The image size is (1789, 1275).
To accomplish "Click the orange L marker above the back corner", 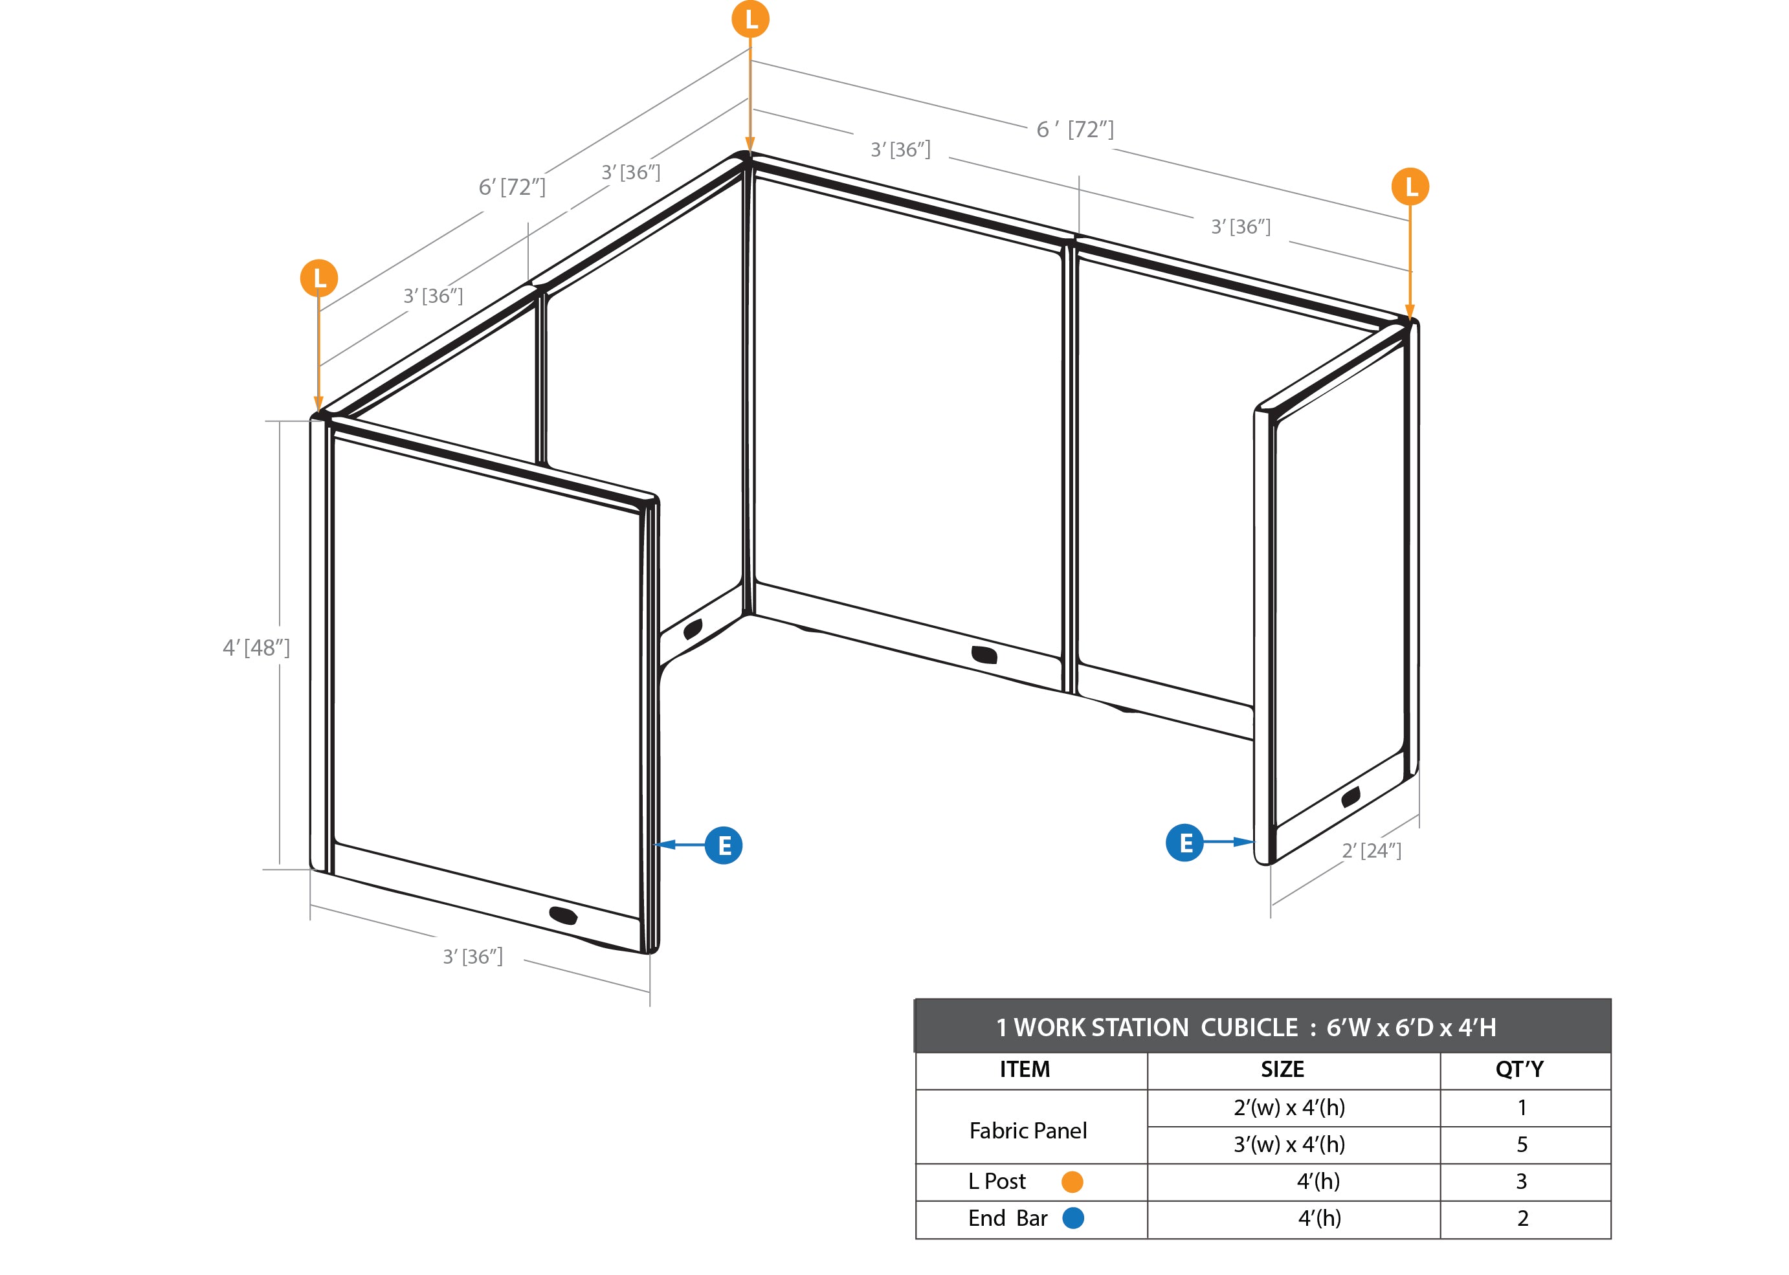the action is coord(750,19).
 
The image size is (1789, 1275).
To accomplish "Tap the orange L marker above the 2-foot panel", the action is coord(1410,187).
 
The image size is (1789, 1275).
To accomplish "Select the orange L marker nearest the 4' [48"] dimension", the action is coord(318,278).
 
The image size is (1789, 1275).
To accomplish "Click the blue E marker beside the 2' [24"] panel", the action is coord(1184,843).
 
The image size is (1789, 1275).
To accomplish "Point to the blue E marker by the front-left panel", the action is coord(724,845).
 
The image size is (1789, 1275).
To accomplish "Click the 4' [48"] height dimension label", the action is coord(256,648).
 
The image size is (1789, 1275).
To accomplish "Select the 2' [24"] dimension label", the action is coord(1372,850).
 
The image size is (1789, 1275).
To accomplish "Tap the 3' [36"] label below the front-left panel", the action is coord(472,957).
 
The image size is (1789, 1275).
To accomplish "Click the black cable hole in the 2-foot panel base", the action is coord(1351,797).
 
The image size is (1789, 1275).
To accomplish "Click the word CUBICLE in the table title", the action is coord(1250,1027).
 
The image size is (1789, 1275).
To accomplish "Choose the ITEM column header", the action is coord(1025,1069).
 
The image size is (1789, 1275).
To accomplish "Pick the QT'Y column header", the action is coord(1520,1069).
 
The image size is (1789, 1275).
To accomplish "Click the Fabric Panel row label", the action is coord(1028,1131).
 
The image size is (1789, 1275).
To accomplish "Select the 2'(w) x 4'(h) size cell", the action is coord(1289,1108).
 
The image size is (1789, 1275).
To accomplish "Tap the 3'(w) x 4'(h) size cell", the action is coord(1289,1145).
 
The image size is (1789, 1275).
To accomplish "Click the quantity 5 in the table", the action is coord(1522,1145).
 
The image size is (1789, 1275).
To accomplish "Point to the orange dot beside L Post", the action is coord(1072,1182).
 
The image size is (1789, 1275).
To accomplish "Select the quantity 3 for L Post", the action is coord(1521,1182).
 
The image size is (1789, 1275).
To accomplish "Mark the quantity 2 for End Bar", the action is coord(1523,1219).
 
